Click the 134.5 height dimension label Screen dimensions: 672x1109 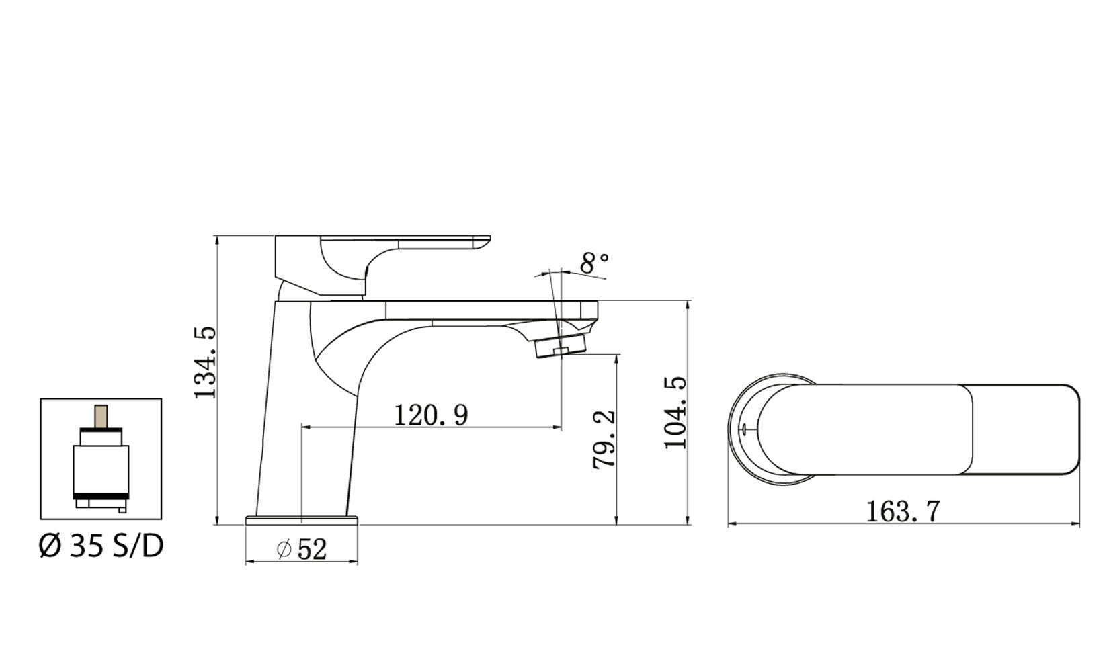pyautogui.click(x=206, y=363)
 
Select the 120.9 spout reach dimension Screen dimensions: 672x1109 pyautogui.click(x=430, y=415)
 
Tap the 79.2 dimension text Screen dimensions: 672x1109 pyautogui.click(x=604, y=439)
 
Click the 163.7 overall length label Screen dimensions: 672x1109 pyautogui.click(x=902, y=512)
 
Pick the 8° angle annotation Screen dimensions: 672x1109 pyautogui.click(x=594, y=263)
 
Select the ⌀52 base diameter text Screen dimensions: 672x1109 pyautogui.click(x=302, y=550)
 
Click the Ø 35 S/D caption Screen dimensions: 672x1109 pyautogui.click(x=101, y=546)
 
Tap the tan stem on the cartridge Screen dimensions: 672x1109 pyautogui.click(x=101, y=417)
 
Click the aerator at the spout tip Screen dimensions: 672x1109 pyautogui.click(x=560, y=348)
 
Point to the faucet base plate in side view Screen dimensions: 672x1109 pyautogui.click(x=302, y=520)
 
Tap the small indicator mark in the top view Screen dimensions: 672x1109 pyautogui.click(x=745, y=428)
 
